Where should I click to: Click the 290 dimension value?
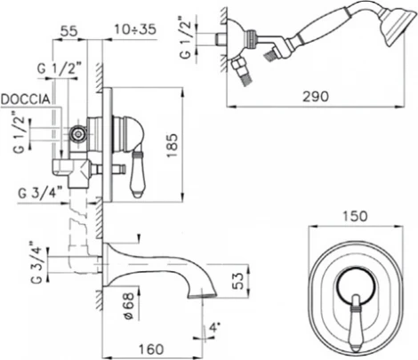(316, 97)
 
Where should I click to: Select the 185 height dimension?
(172, 146)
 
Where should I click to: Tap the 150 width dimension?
(355, 216)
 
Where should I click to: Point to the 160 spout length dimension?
(151, 349)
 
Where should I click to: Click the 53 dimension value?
(238, 281)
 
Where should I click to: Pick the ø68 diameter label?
(129, 307)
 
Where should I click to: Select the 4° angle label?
(214, 328)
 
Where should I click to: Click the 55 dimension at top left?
(68, 31)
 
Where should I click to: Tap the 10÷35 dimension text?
(135, 29)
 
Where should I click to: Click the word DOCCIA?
(26, 100)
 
